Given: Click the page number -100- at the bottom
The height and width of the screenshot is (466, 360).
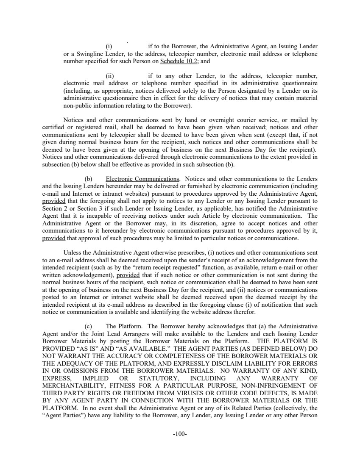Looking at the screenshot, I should click(180, 434).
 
